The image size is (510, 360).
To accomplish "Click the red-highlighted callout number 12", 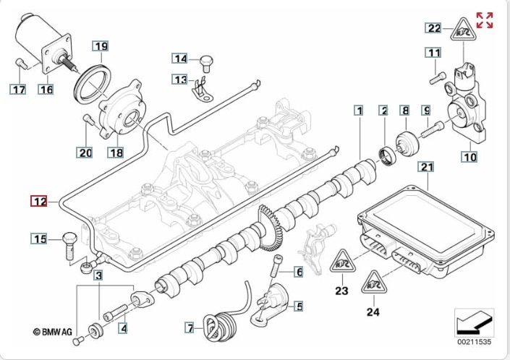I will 38,201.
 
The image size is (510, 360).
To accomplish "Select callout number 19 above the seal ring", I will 101,47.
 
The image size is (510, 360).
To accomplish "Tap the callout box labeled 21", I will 427,168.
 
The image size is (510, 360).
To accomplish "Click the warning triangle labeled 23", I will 341,264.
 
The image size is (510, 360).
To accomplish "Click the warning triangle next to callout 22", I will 464,30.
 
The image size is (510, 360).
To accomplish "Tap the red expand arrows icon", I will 485,20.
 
